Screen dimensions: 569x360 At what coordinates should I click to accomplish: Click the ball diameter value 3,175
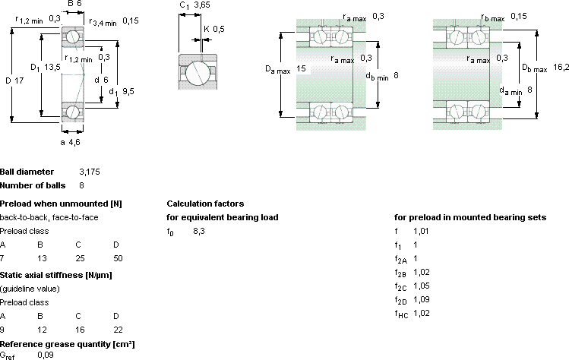[x=90, y=172]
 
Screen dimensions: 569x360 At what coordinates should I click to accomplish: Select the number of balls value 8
[x=81, y=185]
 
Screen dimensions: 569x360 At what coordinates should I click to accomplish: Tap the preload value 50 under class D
[x=118, y=258]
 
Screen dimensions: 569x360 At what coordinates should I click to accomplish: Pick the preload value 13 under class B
[x=42, y=258]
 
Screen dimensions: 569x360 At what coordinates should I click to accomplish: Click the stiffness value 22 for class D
[x=118, y=330]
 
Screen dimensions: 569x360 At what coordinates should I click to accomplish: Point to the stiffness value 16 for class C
[x=80, y=330]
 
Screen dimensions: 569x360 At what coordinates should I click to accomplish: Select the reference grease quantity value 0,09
[x=46, y=355]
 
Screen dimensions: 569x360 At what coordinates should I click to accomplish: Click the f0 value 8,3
[x=199, y=231]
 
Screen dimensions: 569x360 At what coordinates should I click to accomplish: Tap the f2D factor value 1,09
[x=422, y=299]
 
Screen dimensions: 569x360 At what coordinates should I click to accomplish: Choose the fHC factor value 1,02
[x=422, y=313]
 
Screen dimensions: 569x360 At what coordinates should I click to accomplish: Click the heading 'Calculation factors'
[x=205, y=204]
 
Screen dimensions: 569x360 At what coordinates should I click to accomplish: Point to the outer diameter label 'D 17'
[x=14, y=81]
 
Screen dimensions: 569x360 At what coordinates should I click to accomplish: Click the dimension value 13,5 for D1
[x=52, y=67]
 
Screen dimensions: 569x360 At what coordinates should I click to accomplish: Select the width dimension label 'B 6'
[x=74, y=4]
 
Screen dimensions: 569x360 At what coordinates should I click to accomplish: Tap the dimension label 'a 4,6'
[x=71, y=142]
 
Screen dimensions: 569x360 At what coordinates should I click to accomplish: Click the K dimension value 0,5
[x=219, y=29]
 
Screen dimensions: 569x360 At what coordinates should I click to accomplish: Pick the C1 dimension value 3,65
[x=202, y=5]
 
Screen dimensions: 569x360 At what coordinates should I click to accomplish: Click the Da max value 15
[x=301, y=68]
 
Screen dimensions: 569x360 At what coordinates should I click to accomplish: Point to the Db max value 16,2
[x=561, y=67]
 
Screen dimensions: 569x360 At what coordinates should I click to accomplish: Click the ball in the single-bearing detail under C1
[x=198, y=72]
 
